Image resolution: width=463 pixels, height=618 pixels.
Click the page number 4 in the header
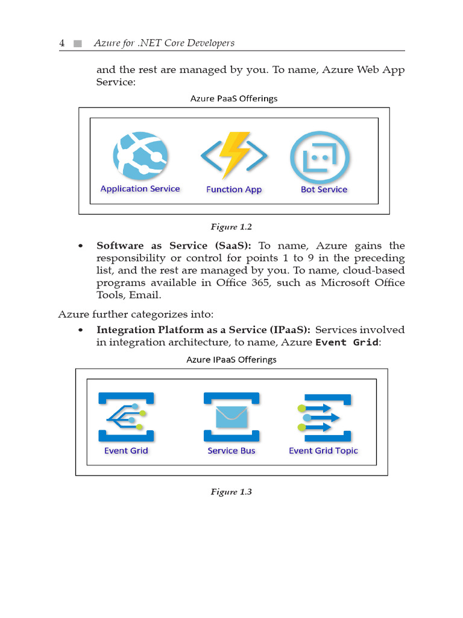pyautogui.click(x=62, y=43)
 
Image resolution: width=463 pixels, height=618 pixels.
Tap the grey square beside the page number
pyautogui.click(x=78, y=43)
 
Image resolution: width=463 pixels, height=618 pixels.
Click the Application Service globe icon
pyautogui.click(x=140, y=156)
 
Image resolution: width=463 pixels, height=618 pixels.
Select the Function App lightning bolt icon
pyautogui.click(x=234, y=155)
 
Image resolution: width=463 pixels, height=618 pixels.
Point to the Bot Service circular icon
pyautogui.click(x=320, y=158)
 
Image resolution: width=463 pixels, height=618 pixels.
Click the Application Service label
pyautogui.click(x=140, y=189)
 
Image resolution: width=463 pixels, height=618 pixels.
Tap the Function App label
pyautogui.click(x=234, y=190)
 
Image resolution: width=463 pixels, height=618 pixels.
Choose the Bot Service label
pyautogui.click(x=324, y=190)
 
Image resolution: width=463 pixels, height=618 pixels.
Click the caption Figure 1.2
pyautogui.click(x=231, y=227)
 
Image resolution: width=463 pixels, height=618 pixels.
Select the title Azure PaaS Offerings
pyautogui.click(x=234, y=98)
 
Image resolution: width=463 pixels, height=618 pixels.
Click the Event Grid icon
pyautogui.click(x=126, y=416)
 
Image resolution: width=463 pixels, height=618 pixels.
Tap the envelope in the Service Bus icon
pyautogui.click(x=231, y=416)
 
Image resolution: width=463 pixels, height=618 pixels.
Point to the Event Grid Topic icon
pyautogui.click(x=324, y=418)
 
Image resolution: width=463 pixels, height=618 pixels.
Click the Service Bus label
pyautogui.click(x=231, y=450)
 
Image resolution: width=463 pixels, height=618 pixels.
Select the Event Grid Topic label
pyautogui.click(x=323, y=451)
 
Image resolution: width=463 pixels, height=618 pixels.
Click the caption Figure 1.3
pyautogui.click(x=231, y=492)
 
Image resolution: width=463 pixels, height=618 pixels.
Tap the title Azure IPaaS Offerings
pyautogui.click(x=231, y=360)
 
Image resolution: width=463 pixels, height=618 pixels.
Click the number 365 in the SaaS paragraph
pyautogui.click(x=260, y=282)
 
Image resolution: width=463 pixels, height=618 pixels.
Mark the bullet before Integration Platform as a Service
pyautogui.click(x=81, y=330)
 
